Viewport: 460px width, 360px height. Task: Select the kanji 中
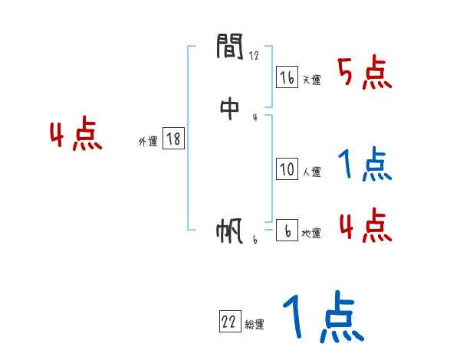click(x=230, y=110)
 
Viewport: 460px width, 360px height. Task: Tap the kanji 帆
click(x=230, y=232)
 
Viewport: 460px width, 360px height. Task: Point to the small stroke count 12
click(x=255, y=55)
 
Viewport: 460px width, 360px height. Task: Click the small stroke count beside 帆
click(x=255, y=240)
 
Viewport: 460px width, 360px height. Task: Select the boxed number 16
click(x=287, y=77)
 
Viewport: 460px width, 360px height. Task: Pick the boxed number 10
click(x=287, y=169)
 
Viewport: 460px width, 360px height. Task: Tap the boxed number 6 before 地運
click(x=287, y=231)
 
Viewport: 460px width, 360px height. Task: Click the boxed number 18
click(x=173, y=139)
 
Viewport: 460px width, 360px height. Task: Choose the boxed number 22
click(x=229, y=322)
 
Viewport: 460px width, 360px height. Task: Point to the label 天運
click(x=311, y=80)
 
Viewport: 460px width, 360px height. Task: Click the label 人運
click(x=311, y=172)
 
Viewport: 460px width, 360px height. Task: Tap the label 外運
click(x=148, y=142)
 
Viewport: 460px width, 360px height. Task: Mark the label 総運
click(x=254, y=326)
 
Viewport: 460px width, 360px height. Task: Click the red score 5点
click(x=366, y=74)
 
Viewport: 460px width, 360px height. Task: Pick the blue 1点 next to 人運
click(x=364, y=165)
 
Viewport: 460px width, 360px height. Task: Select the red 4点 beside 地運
click(x=365, y=225)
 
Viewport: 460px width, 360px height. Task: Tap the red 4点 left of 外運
click(x=76, y=136)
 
